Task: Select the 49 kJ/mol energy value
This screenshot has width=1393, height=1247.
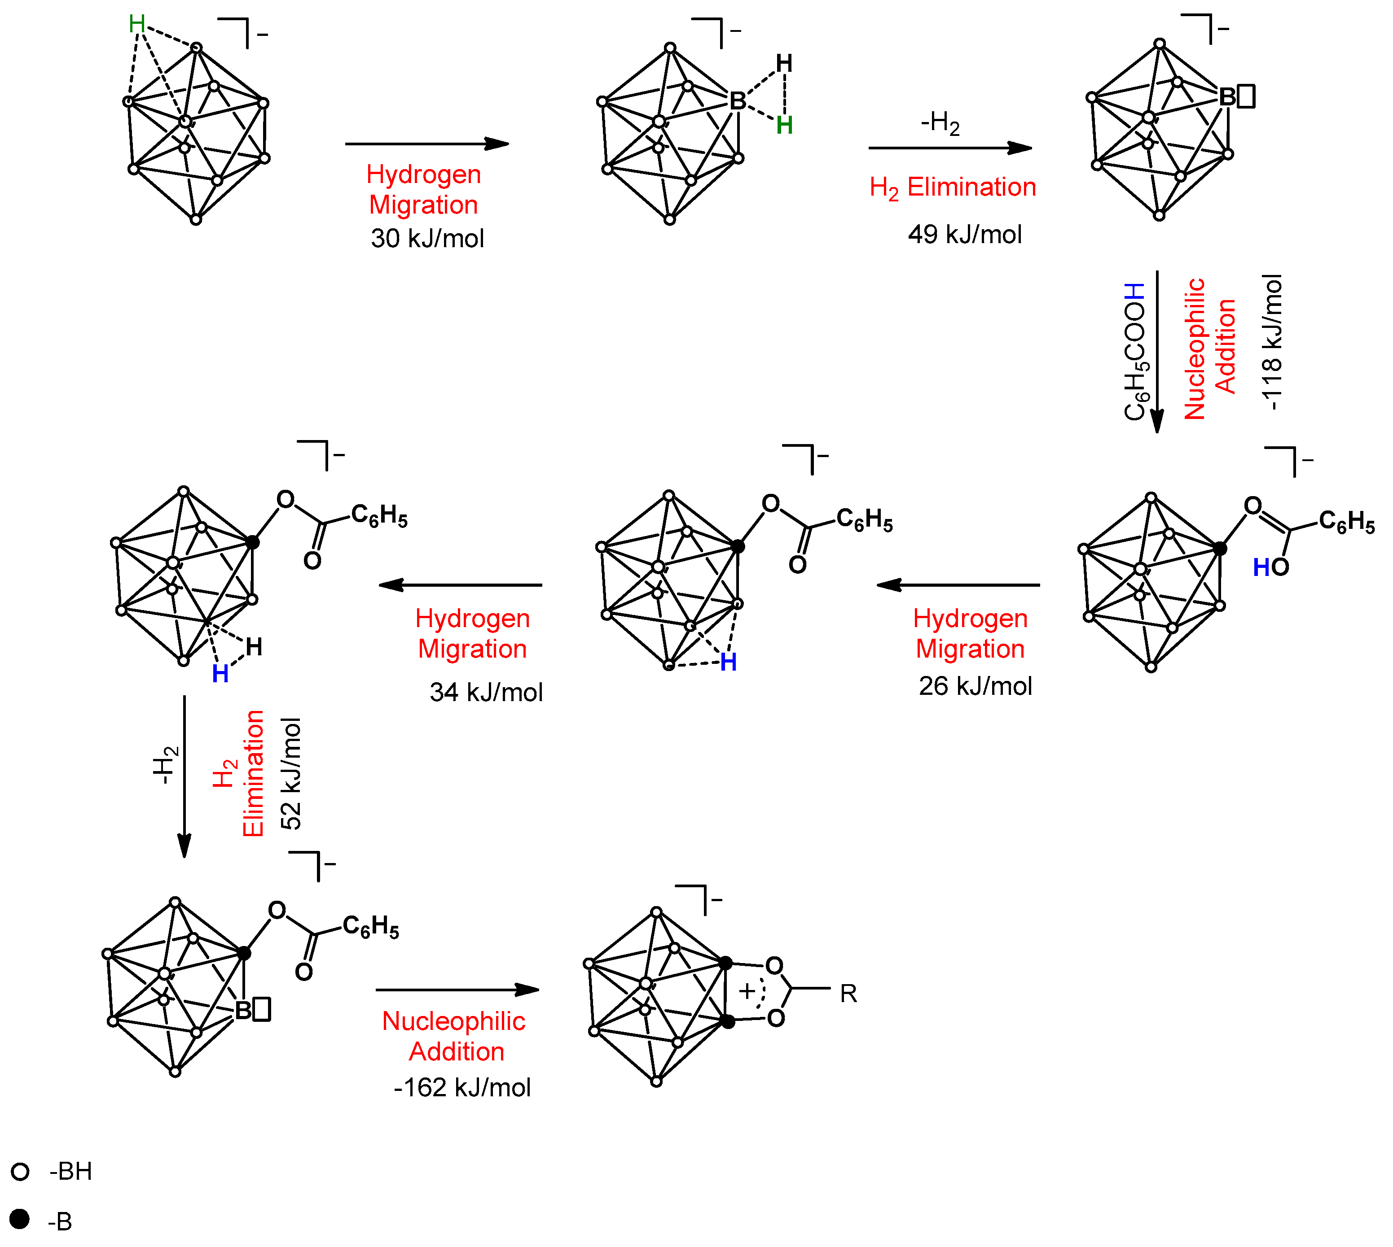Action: coord(965,234)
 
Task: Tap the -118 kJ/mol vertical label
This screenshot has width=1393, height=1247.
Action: coord(1272,343)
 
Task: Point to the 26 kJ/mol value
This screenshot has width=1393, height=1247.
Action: coord(975,686)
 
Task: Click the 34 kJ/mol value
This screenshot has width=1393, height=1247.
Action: coord(486,692)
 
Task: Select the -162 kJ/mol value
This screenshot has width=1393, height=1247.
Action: coord(462,1087)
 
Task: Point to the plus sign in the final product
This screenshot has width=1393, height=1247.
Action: coord(747,991)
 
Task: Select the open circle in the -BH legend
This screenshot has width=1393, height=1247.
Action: coord(21,1172)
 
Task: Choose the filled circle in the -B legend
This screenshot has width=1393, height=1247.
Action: coord(20,1219)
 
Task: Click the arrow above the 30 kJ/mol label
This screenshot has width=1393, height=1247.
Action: coord(426,144)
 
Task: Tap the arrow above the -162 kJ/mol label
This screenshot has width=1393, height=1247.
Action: coord(457,990)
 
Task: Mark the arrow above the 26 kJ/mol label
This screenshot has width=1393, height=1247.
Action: coord(958,585)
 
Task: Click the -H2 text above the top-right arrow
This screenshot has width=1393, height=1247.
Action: coord(940,123)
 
